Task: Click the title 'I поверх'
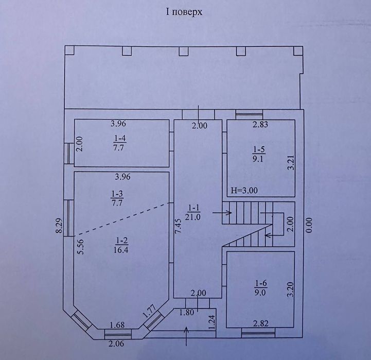[184, 12]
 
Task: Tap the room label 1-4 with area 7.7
[119, 143]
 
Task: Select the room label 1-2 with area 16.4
[121, 245]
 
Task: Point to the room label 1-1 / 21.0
[193, 213]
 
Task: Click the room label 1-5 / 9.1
[258, 154]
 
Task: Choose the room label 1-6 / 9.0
[260, 288]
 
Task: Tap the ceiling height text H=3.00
[244, 191]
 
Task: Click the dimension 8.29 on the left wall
[59, 225]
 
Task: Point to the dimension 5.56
[81, 247]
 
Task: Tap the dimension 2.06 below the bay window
[116, 343]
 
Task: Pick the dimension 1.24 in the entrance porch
[212, 322]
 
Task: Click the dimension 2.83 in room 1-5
[260, 124]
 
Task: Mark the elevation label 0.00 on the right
[309, 225]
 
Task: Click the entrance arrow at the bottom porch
[186, 336]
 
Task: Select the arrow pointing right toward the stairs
[222, 213]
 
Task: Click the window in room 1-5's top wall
[249, 114]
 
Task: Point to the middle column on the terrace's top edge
[183, 51]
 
